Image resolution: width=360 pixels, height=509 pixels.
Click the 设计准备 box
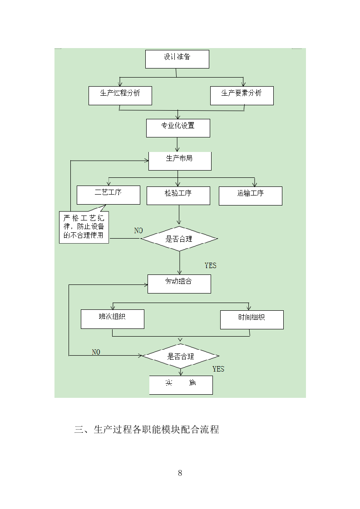(177, 59)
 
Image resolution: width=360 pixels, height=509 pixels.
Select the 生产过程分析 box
(120, 95)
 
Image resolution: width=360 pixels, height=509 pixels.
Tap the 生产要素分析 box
(242, 95)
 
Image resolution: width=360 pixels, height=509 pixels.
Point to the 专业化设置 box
(178, 128)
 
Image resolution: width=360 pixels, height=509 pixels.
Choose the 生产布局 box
(180, 161)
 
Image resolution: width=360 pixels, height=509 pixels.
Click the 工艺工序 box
(108, 195)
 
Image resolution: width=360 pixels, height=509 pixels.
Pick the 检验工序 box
(178, 195)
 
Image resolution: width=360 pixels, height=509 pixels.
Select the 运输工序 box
(250, 196)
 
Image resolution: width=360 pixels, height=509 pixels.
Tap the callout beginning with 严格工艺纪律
(84, 227)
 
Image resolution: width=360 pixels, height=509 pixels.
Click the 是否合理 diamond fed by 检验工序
(179, 239)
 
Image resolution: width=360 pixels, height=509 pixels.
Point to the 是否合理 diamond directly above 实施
(180, 356)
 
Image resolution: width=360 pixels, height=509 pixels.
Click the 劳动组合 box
(179, 284)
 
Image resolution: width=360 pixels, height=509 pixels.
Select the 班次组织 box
(112, 319)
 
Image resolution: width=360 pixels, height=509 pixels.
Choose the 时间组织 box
(252, 319)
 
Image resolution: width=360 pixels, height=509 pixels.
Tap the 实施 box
(181, 385)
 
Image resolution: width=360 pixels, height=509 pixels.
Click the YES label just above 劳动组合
(211, 265)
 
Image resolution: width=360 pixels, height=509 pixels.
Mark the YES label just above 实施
(218, 369)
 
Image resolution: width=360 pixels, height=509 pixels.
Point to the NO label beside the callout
(138, 230)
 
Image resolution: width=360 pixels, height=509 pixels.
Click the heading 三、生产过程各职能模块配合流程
(147, 430)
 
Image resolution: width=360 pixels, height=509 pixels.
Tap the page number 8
(180, 473)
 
